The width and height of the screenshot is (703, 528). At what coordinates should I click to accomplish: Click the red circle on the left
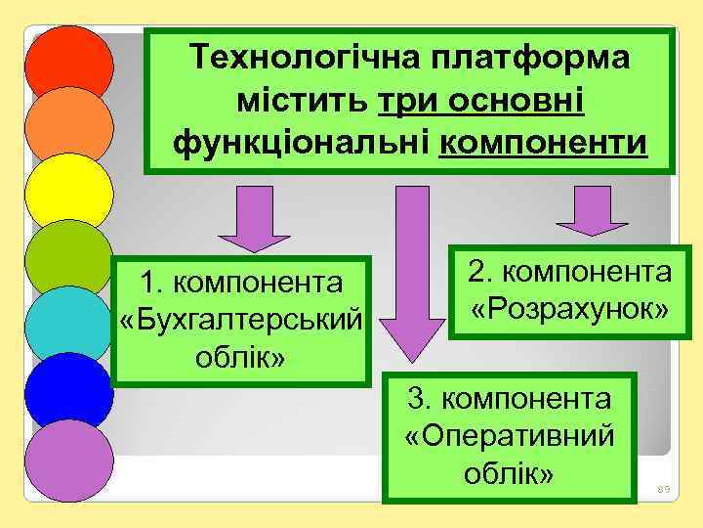68,65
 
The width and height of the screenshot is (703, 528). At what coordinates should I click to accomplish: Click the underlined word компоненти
543,144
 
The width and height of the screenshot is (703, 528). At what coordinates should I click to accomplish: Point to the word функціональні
303,144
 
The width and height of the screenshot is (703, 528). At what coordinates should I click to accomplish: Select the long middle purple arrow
410,274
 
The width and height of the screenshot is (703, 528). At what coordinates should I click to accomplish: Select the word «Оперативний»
509,436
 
